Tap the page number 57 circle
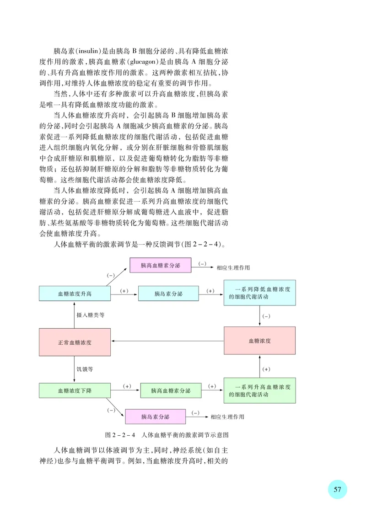pyautogui.click(x=337, y=489)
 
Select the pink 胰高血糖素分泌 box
pyautogui.click(x=160, y=265)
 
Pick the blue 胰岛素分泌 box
pyautogui.click(x=168, y=294)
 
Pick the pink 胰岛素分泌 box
pyautogui.click(x=156, y=417)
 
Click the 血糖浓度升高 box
pyautogui.click(x=75, y=294)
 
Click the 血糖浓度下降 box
pyautogui.click(x=75, y=390)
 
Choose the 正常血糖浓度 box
pyautogui.click(x=75, y=342)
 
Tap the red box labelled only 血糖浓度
pyautogui.click(x=259, y=341)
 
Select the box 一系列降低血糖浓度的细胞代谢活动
pyautogui.click(x=259, y=293)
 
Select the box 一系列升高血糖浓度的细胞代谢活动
pyautogui.click(x=259, y=390)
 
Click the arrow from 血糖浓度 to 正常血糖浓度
pyautogui.click(x=167, y=341)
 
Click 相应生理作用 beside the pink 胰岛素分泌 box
pyautogui.click(x=227, y=417)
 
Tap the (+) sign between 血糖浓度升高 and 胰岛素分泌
pyautogui.click(x=124, y=290)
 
